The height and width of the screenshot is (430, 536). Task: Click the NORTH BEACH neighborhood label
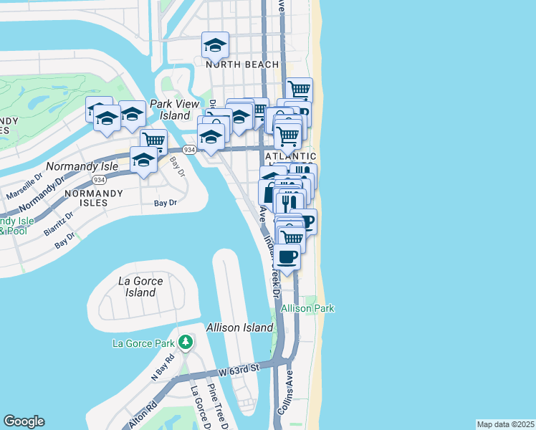click(x=242, y=64)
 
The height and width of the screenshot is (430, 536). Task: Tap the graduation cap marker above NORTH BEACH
click(x=215, y=45)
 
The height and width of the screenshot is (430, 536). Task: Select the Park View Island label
click(x=174, y=110)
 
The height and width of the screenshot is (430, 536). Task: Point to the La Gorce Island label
click(x=140, y=287)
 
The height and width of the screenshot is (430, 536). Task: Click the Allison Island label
click(x=239, y=328)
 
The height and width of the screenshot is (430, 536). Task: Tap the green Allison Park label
click(x=307, y=308)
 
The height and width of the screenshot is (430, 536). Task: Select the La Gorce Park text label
click(x=144, y=343)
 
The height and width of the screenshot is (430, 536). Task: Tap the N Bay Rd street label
click(x=163, y=366)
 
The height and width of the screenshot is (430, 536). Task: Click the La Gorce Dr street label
click(x=196, y=408)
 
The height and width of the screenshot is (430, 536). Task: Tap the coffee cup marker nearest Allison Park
click(x=287, y=257)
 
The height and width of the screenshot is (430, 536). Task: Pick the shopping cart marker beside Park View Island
click(x=153, y=140)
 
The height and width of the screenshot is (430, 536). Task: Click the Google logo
click(x=24, y=421)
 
